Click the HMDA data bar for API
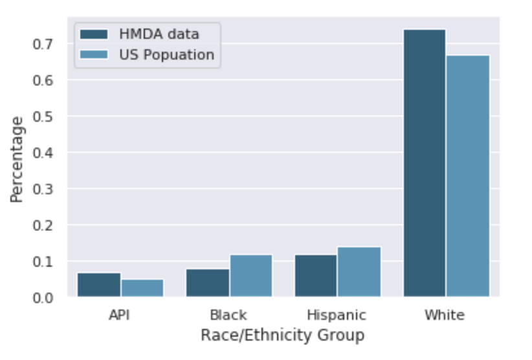99,285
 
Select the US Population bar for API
142,288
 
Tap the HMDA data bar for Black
208,283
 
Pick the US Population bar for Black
251,276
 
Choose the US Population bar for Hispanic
359,272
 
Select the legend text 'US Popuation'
166,55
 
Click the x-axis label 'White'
444,315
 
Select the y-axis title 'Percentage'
17,159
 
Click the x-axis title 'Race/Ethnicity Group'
282,335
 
